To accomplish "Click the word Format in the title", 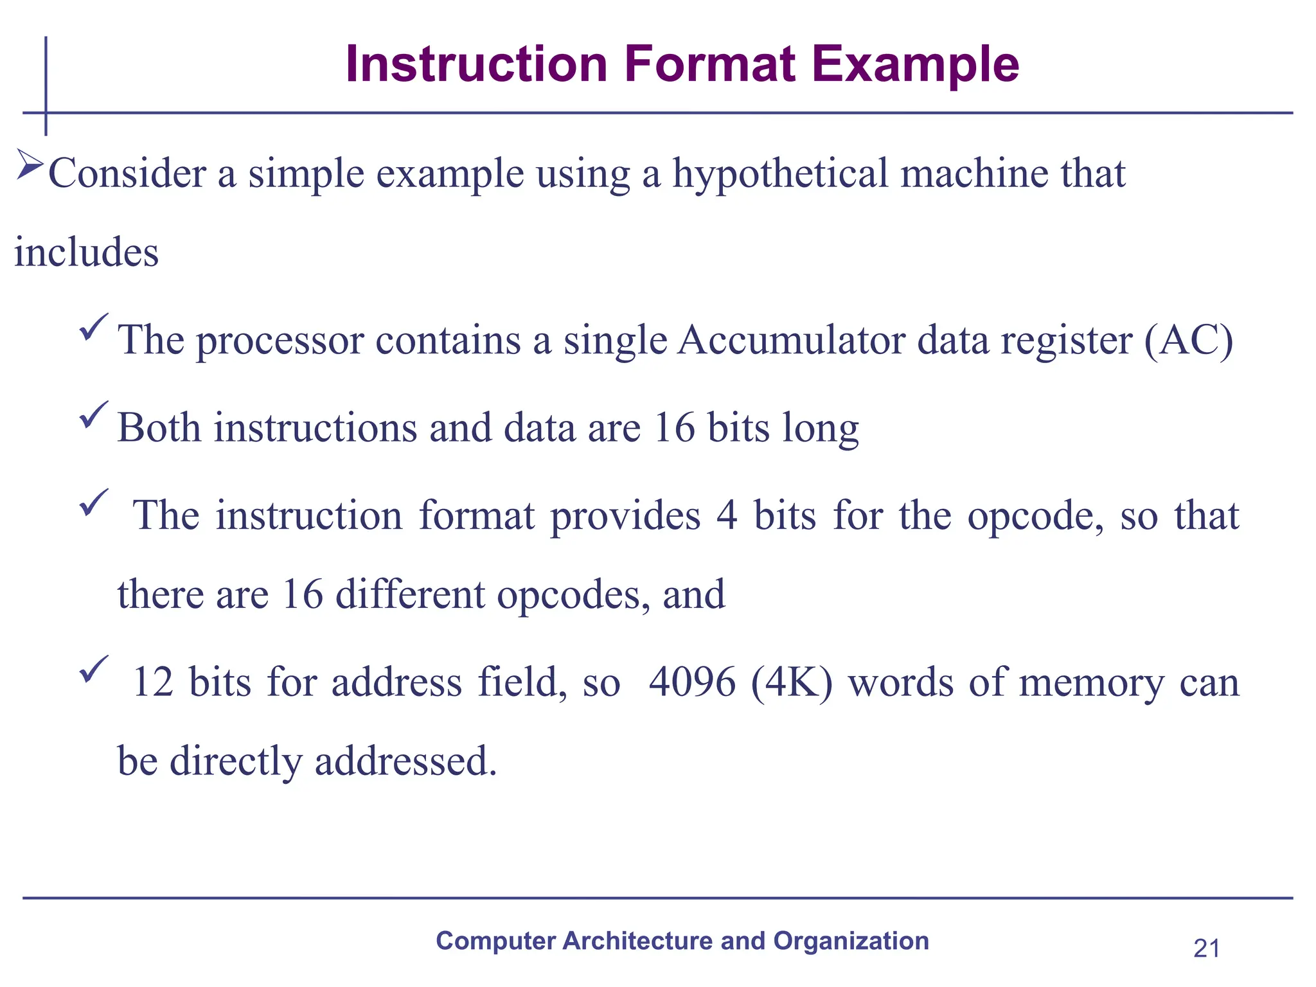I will point(710,64).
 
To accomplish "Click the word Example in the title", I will point(915,66).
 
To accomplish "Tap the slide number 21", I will point(1206,948).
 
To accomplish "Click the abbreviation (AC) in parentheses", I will point(1188,341).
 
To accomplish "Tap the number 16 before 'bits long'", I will point(675,428).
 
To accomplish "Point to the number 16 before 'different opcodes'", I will point(302,594).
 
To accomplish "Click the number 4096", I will point(692,682).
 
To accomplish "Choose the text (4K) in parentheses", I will point(792,682).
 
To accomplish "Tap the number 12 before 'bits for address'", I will point(153,682).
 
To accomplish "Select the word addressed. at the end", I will point(406,761).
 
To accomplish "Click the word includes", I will point(87,252).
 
